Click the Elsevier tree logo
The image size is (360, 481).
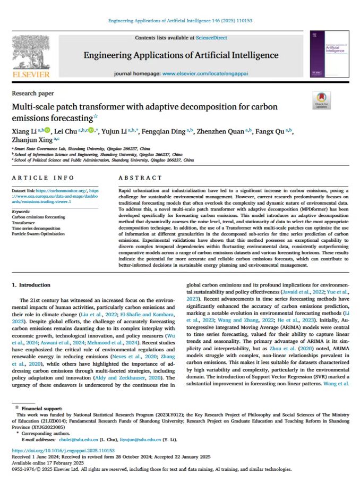pos(30,53)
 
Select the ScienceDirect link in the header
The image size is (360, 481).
pos(211,38)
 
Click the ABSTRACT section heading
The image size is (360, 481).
pos(140,178)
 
